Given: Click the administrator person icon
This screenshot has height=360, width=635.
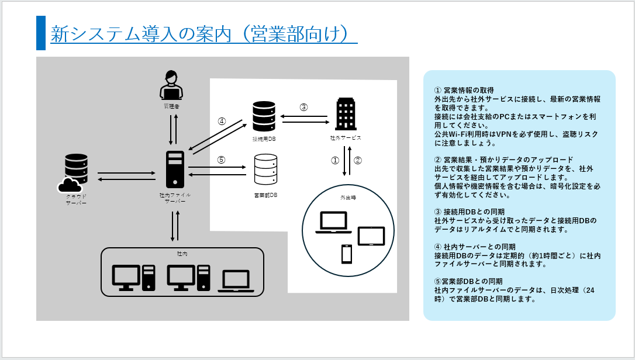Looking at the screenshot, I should [x=171, y=85].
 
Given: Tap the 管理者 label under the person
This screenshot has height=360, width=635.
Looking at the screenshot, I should [x=171, y=108].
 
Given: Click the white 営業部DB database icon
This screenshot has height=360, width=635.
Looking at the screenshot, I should [x=264, y=170].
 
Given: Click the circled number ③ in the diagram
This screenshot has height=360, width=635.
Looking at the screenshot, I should [x=303, y=107].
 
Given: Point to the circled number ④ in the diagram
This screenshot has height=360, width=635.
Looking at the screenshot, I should [x=222, y=122].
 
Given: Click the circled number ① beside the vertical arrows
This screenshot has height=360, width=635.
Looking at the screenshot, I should [x=335, y=160].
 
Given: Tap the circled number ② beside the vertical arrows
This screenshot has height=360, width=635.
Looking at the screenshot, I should [x=358, y=160].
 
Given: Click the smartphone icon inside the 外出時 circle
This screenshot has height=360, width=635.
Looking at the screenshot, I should [x=346, y=254].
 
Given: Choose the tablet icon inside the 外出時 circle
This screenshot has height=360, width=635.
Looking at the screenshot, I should [x=371, y=236].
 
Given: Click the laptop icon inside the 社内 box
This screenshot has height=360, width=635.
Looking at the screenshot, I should [x=236, y=281].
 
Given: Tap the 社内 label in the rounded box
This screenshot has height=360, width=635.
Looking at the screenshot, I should [x=182, y=254].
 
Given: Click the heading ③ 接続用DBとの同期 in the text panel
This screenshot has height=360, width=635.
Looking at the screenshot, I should [x=469, y=212].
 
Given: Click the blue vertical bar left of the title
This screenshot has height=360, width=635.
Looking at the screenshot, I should [x=40, y=33].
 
